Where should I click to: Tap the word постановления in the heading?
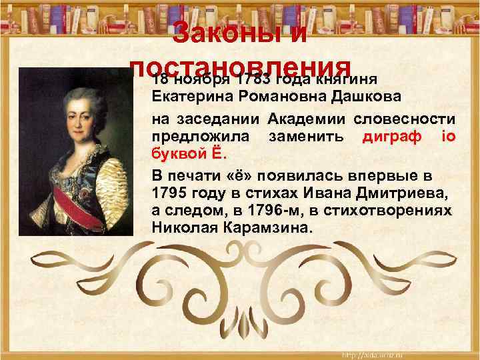coord(240,68)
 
